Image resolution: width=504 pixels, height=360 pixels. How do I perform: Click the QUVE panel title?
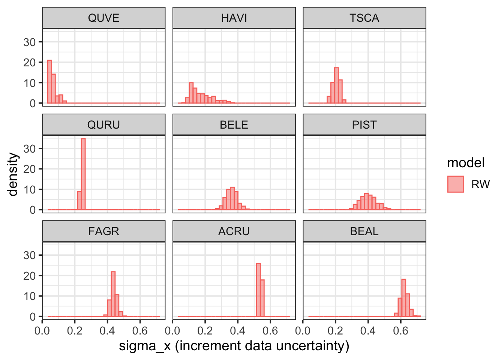[104, 18]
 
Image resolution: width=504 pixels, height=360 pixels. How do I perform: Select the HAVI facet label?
[234, 18]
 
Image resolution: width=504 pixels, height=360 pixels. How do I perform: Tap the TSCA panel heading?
[364, 18]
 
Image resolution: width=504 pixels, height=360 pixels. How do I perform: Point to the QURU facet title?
[104, 124]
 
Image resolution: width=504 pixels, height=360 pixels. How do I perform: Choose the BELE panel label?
[234, 124]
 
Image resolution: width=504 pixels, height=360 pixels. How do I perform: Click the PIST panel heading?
[364, 124]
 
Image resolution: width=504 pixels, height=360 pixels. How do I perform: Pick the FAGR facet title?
[104, 231]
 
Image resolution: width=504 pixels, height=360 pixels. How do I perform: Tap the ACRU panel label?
[234, 231]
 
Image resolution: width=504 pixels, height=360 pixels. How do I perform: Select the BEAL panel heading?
[364, 231]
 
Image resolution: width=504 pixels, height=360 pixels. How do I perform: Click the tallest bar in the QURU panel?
[83, 174]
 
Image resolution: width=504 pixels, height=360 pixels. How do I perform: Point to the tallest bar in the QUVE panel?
[50, 82]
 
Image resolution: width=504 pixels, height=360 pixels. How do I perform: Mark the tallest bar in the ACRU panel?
[258, 290]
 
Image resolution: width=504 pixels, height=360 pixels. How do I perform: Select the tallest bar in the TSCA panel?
[336, 85]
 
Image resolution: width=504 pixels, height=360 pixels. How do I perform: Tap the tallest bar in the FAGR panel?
[113, 294]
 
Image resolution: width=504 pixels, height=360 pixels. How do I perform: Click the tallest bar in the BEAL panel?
[403, 298]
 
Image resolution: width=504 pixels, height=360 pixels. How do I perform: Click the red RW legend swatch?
[456, 184]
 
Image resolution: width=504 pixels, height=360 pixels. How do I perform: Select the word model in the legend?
[466, 163]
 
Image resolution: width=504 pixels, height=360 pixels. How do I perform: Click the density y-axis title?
[12, 174]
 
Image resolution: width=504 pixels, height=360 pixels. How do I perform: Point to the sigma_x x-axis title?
[234, 346]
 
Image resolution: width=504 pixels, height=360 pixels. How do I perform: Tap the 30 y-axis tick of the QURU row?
[30, 149]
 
